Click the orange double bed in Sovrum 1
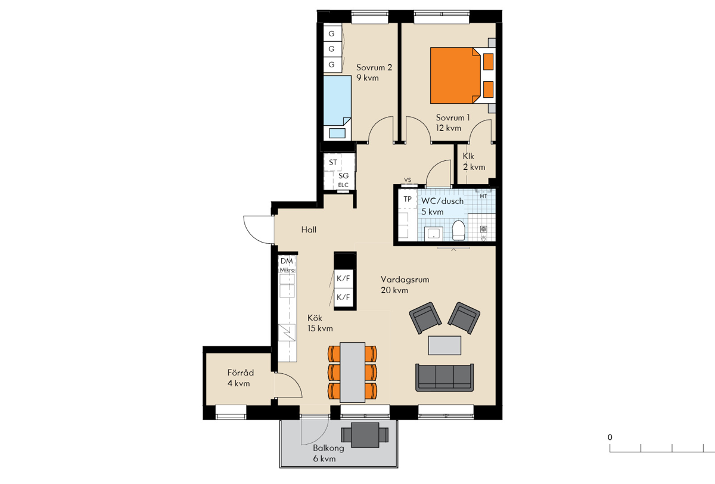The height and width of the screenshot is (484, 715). tap(455, 75)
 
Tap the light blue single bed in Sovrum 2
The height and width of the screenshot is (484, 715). tap(337, 100)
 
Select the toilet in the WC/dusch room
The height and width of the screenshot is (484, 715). tap(458, 230)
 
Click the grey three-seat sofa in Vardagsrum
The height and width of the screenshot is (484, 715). tap(444, 377)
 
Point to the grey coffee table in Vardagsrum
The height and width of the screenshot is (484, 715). tap(444, 345)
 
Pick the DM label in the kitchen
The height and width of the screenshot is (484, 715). tap(287, 261)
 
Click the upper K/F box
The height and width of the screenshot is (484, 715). tap(343, 278)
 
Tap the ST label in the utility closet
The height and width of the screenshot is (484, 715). tap(333, 162)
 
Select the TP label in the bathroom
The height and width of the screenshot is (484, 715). tap(408, 199)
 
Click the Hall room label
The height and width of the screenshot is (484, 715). tap(309, 229)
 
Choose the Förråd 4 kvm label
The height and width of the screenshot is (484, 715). tap(241, 378)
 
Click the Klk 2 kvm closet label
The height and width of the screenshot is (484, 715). tap(474, 162)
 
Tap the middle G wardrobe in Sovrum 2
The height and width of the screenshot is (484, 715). tap(332, 49)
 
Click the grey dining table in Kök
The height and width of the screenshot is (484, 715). tap(352, 373)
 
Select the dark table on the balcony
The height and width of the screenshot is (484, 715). tap(365, 435)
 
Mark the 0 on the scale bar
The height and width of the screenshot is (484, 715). tap(610, 438)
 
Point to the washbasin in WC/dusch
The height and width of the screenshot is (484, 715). tap(434, 234)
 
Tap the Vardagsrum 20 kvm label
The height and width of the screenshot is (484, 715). tap(405, 285)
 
